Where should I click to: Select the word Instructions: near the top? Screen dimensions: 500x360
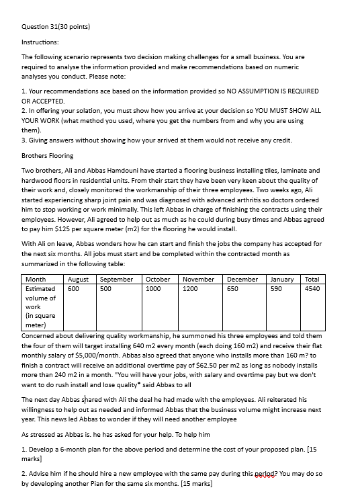coord(40,42)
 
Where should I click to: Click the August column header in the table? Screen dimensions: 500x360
coord(79,279)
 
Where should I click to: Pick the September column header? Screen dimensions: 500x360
coord(116,279)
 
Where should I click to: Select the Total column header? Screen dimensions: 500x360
coord(312,279)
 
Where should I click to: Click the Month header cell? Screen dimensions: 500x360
coord(36,279)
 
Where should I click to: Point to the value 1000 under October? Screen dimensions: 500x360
coord(154,288)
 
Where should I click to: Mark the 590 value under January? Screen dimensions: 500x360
coord(276,288)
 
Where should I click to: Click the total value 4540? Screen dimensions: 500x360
coord(312,288)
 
